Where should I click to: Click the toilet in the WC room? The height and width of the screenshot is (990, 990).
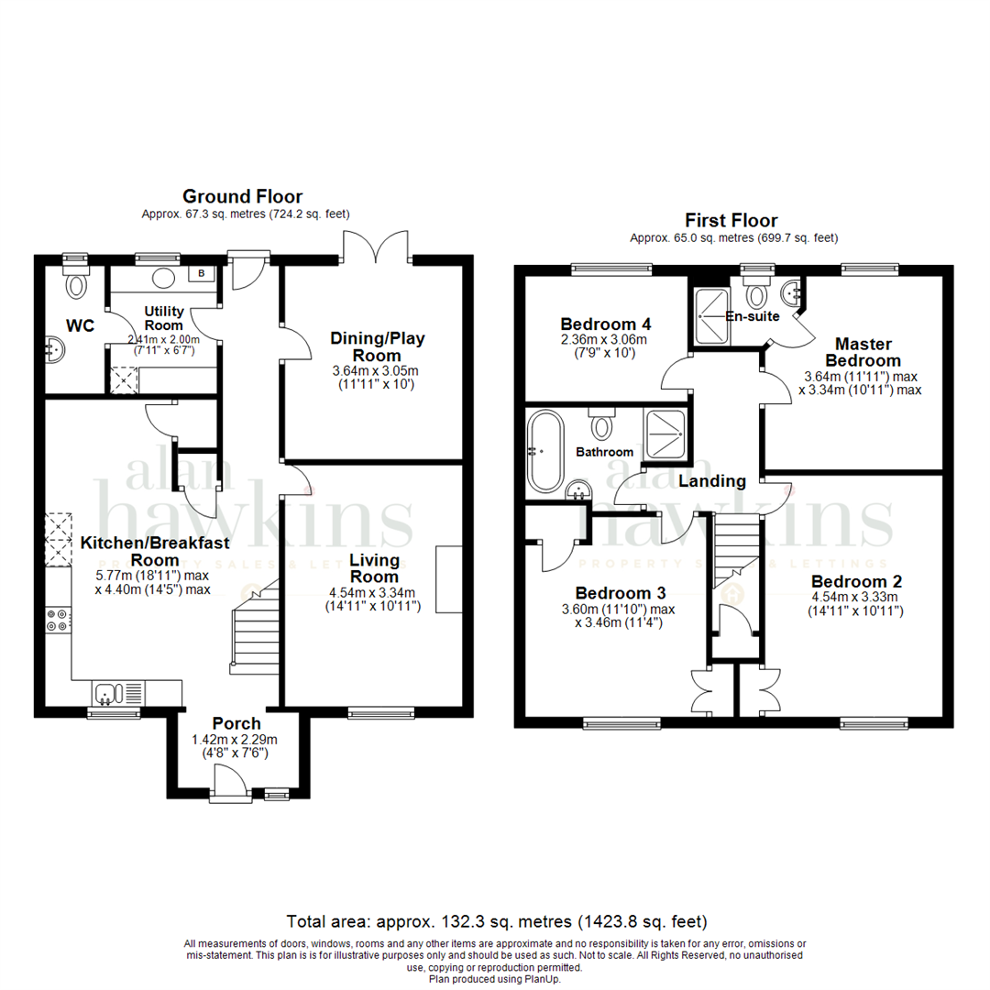pos(75,285)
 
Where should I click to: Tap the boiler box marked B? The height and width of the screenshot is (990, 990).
pos(201,274)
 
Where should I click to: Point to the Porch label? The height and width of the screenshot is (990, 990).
pos(236,724)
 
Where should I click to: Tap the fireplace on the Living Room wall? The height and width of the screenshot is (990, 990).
pos(449,579)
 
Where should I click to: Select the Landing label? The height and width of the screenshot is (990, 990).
pos(712,480)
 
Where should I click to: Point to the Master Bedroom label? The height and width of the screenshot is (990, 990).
pos(863,352)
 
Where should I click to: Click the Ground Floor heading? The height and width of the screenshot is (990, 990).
pos(242,196)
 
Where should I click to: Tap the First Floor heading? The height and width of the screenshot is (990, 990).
pos(731,220)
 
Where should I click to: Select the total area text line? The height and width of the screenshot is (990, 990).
pos(496,920)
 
